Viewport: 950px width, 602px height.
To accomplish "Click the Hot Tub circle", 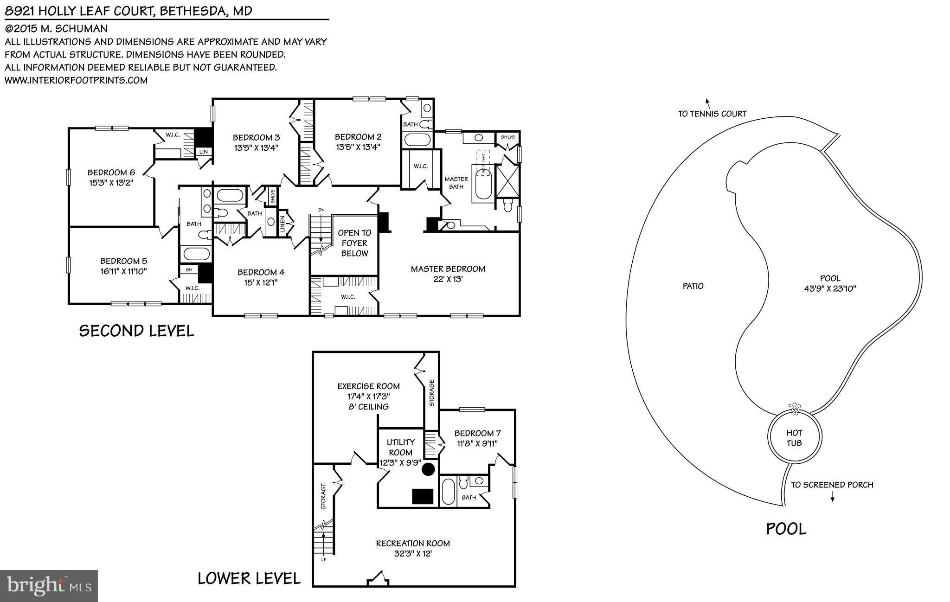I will (794, 438).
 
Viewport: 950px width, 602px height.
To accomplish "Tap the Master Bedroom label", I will (448, 269).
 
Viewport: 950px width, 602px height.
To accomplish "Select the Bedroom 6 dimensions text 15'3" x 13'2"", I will (111, 183).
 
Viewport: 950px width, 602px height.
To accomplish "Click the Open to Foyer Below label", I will (354, 243).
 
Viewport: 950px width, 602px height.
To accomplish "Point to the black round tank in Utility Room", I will (428, 469).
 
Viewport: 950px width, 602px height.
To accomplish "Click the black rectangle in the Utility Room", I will (423, 496).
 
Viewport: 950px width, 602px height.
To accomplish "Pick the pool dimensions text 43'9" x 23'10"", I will (830, 288).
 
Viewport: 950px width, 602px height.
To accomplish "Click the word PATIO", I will (693, 286).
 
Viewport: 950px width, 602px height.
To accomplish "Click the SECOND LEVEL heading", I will (136, 331).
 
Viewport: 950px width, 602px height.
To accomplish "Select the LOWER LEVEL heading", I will (249, 578).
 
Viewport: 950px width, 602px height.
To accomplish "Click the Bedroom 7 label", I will (477, 433).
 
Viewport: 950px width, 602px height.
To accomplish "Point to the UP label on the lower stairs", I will (323, 559).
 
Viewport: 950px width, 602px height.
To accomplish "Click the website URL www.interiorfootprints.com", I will (76, 80).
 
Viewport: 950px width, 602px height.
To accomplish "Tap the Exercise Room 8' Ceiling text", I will (368, 407).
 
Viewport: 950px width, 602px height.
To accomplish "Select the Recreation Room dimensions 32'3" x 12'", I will (412, 554).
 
